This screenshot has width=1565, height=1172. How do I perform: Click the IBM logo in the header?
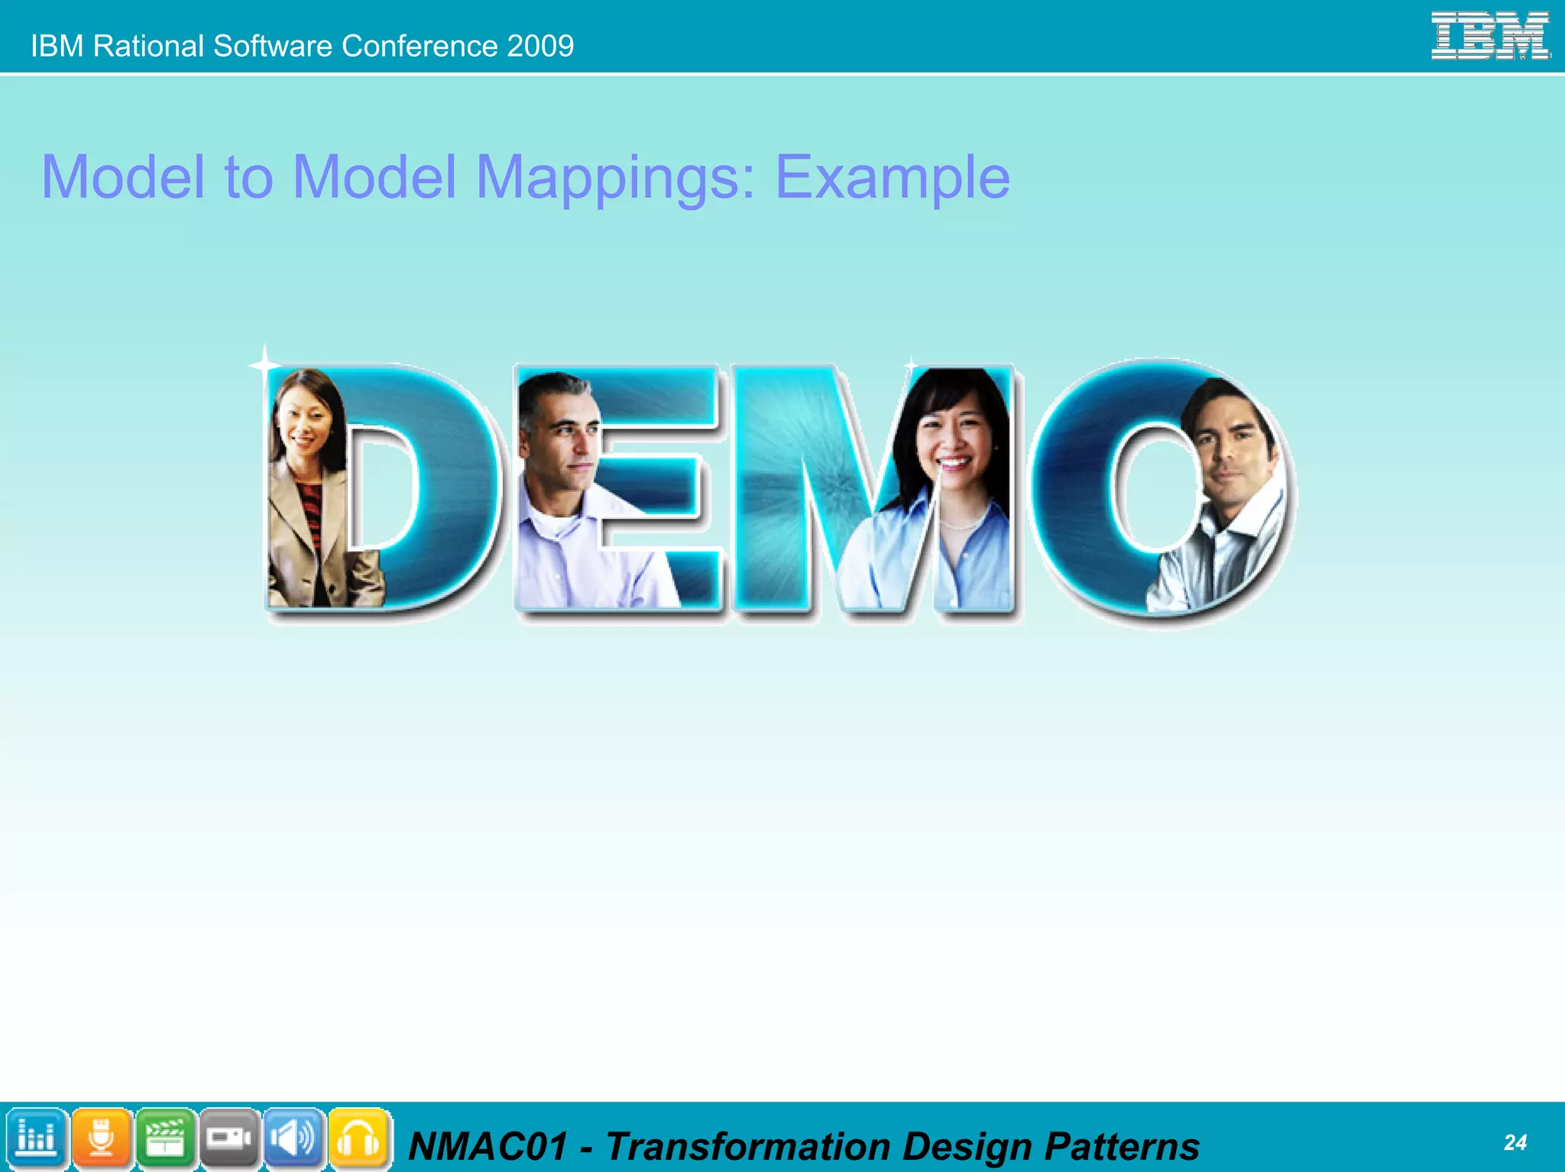pos(1489,35)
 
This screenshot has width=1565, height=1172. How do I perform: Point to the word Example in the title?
pos(892,177)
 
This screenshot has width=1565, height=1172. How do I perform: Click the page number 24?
pos(1515,1142)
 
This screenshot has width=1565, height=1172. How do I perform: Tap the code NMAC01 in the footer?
pos(488,1147)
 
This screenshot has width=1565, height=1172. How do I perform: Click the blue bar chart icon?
pos(36,1138)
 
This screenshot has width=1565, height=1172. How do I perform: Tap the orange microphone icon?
pos(101,1138)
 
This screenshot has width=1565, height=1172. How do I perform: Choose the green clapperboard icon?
pos(165,1138)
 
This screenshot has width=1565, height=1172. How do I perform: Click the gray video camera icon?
pos(229,1138)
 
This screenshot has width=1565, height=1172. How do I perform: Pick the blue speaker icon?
pos(293,1138)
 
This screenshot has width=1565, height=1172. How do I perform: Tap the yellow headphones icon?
pos(358,1138)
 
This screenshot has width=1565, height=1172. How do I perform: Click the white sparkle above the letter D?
pos(264,364)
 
